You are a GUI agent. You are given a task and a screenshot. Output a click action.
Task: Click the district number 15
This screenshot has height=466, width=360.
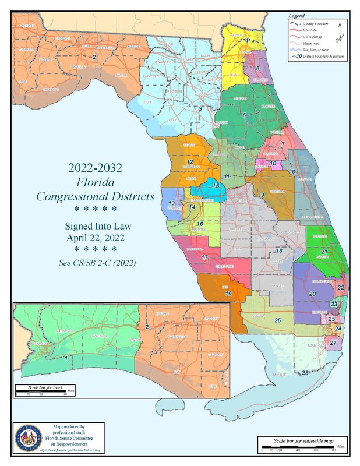[x=216, y=186]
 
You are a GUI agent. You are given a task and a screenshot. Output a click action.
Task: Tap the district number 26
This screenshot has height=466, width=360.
[x=278, y=320]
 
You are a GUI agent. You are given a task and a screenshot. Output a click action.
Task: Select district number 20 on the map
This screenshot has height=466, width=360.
[x=312, y=295]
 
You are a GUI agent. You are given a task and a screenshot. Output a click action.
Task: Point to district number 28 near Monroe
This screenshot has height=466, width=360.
[x=305, y=372]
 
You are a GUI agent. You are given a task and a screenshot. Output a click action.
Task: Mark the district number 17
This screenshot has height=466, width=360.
[x=204, y=257]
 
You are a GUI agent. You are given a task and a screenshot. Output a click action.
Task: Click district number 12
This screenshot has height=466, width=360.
[x=189, y=161]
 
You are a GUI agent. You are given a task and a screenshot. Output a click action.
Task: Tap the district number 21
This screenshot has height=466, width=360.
[x=324, y=252]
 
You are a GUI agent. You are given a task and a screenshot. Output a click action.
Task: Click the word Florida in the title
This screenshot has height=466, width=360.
[x=95, y=182]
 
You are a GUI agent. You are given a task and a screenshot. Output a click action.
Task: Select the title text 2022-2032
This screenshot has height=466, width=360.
[x=95, y=168]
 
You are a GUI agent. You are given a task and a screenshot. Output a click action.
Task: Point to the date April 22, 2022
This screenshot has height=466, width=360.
[x=95, y=238]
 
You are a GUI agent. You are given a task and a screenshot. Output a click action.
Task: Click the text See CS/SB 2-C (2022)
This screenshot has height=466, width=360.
[x=97, y=263]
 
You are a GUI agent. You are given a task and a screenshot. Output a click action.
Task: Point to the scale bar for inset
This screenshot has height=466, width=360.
[x=44, y=390]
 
